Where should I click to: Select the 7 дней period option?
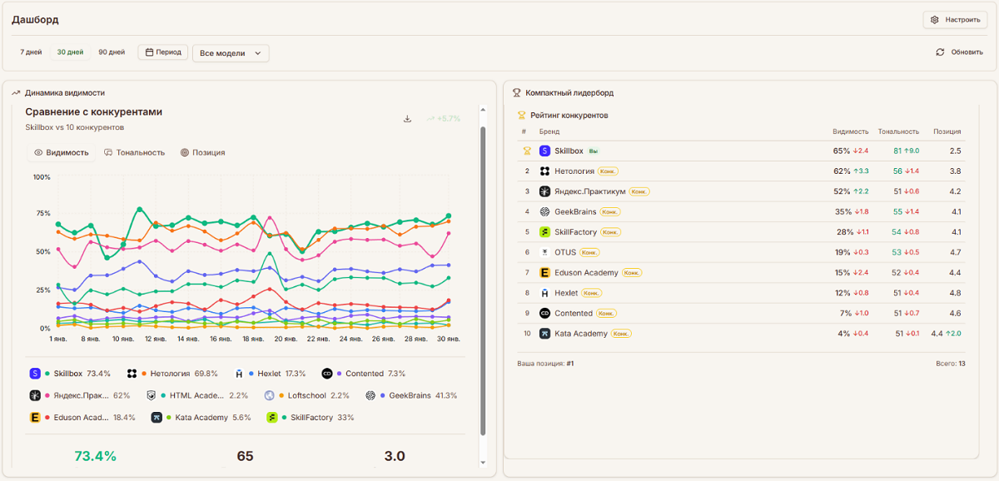coord(31,52)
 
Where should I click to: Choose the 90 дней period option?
coord(112,52)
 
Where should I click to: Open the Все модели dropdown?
coord(231,53)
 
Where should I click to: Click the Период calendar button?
coord(163,52)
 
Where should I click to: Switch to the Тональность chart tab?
coord(134,153)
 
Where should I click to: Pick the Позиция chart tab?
coord(202,153)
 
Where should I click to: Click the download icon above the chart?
coord(407,119)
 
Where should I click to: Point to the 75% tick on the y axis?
coord(42,214)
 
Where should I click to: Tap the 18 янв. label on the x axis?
coord(252,340)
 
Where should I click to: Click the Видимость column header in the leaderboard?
coord(850,131)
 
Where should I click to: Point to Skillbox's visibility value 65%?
coord(841,151)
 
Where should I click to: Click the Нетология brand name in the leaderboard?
coord(574,171)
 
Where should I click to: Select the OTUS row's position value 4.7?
coord(955,252)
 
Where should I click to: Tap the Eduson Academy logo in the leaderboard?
coord(544,273)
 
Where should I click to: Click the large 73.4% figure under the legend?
coord(95,456)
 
